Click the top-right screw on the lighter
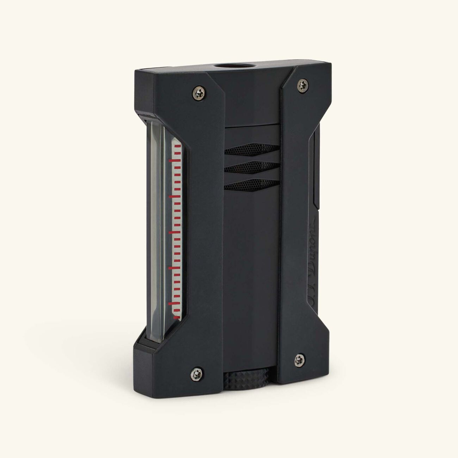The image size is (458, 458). click(x=302, y=84)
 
